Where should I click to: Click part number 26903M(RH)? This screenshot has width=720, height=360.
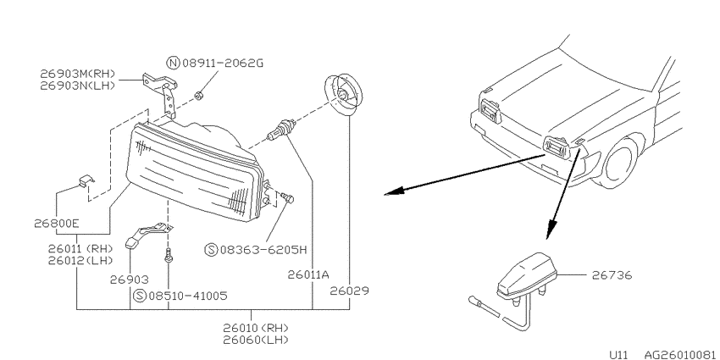[77, 74]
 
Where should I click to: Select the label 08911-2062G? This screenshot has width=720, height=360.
[223, 63]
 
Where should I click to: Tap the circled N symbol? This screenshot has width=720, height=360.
[173, 63]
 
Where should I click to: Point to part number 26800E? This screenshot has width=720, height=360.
[57, 224]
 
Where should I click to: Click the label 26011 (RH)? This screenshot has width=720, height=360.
[80, 249]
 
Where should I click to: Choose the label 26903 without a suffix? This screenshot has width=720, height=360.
[130, 280]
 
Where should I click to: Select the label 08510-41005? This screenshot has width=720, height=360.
[187, 296]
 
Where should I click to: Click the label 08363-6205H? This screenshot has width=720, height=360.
[263, 250]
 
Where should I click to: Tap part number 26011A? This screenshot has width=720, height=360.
[309, 275]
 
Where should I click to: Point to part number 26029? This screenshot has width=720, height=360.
[350, 291]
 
